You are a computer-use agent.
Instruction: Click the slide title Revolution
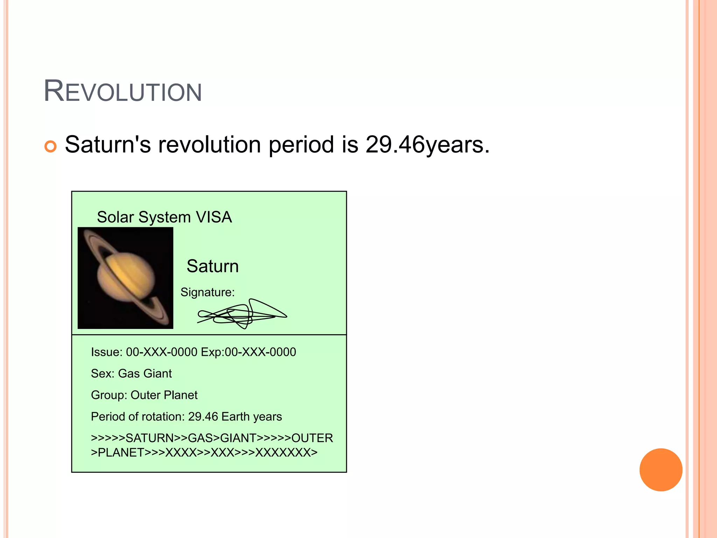(123, 91)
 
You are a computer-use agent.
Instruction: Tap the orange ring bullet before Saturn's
(50, 146)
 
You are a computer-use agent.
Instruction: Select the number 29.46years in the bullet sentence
(427, 145)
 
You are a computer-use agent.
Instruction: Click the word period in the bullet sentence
(301, 145)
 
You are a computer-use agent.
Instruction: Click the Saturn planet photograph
(125, 278)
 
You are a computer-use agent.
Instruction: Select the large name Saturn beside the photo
(213, 266)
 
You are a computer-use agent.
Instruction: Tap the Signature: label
(207, 292)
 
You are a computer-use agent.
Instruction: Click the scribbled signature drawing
(242, 314)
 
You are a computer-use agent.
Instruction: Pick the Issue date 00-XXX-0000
(162, 352)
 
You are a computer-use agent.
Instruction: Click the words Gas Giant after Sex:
(145, 374)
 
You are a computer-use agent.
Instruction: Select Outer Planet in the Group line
(164, 395)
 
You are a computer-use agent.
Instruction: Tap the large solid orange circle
(661, 470)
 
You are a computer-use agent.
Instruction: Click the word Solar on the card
(116, 217)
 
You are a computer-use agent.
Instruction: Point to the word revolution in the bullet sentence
(209, 145)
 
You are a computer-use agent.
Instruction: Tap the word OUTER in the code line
(312, 438)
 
